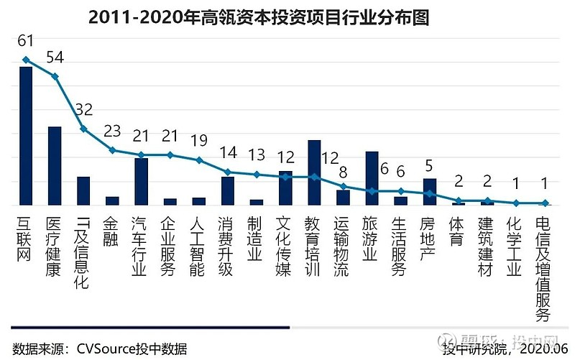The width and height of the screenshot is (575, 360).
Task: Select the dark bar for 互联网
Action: [26, 136]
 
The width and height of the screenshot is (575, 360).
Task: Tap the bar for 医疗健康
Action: [55, 166]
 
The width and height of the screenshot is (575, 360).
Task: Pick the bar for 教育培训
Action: [314, 172]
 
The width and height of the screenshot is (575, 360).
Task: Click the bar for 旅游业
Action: [372, 178]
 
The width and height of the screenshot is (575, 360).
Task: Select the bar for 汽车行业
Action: [142, 181]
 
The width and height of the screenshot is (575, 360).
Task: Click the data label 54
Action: [55, 58]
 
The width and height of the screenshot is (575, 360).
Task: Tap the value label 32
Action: [84, 110]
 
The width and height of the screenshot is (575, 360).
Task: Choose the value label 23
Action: [113, 132]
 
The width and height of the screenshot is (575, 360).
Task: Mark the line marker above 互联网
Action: [26, 60]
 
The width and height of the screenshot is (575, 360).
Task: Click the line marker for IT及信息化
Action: [83, 129]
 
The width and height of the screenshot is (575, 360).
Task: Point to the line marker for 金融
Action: [112, 150]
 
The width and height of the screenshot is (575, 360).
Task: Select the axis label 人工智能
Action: [196, 245]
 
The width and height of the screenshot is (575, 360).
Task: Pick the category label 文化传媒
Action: [285, 245]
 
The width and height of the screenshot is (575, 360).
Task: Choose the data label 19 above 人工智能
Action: [199, 142]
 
